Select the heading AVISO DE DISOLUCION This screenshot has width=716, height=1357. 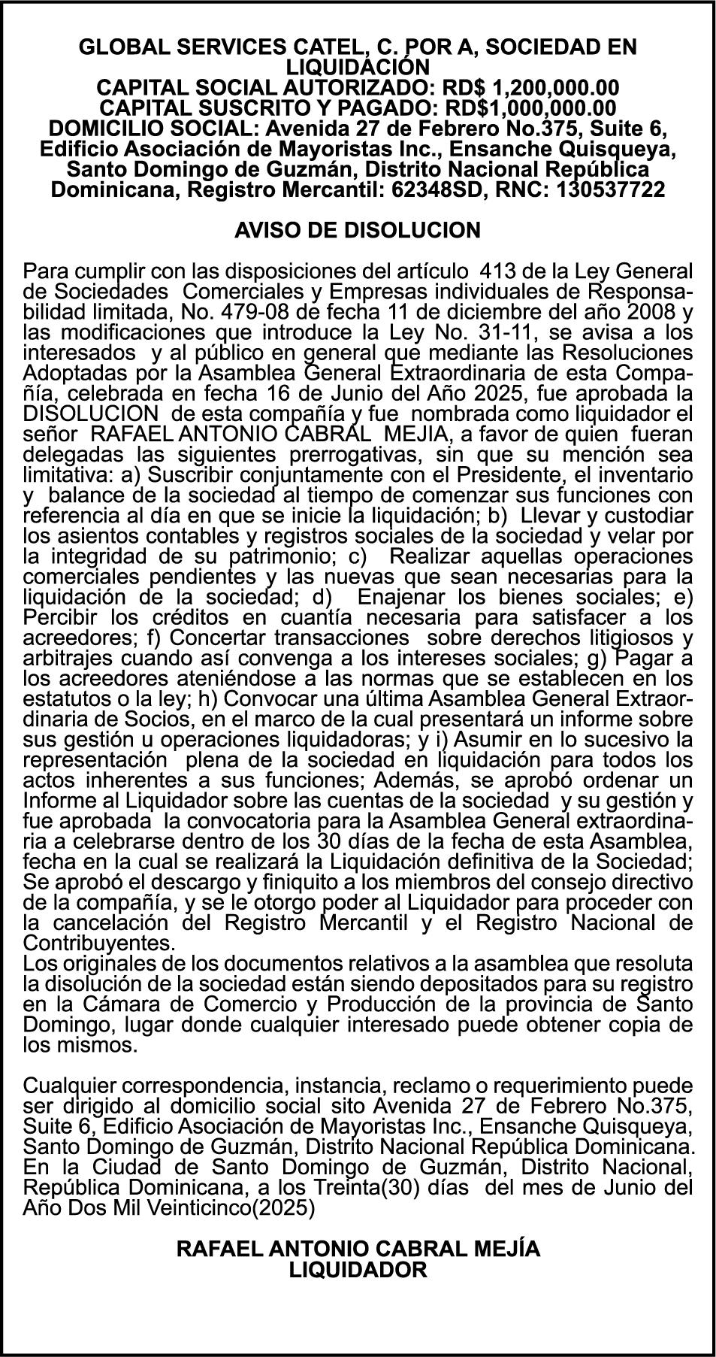[x=358, y=230]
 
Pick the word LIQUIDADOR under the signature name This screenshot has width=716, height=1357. [x=358, y=1271]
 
